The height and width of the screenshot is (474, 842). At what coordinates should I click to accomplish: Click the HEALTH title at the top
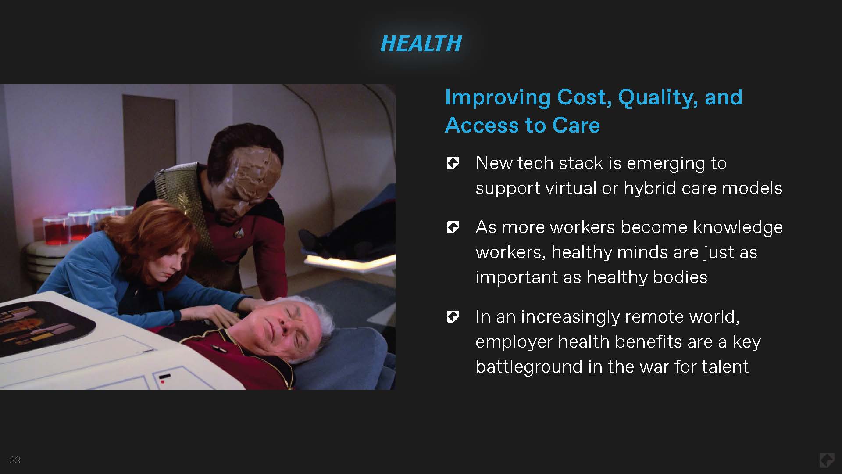click(x=421, y=43)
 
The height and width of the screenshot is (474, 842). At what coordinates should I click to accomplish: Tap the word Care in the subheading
click(x=576, y=125)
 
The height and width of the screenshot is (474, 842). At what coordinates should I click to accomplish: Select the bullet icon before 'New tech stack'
click(x=453, y=163)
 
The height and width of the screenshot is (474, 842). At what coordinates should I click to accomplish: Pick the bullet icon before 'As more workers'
click(x=453, y=227)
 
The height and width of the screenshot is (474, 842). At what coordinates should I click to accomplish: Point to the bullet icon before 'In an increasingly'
click(x=453, y=316)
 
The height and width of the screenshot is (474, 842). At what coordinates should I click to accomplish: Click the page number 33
click(x=15, y=460)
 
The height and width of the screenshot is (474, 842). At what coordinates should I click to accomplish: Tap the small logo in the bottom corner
click(x=827, y=460)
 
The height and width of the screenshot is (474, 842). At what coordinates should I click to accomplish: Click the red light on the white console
click(x=163, y=382)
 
